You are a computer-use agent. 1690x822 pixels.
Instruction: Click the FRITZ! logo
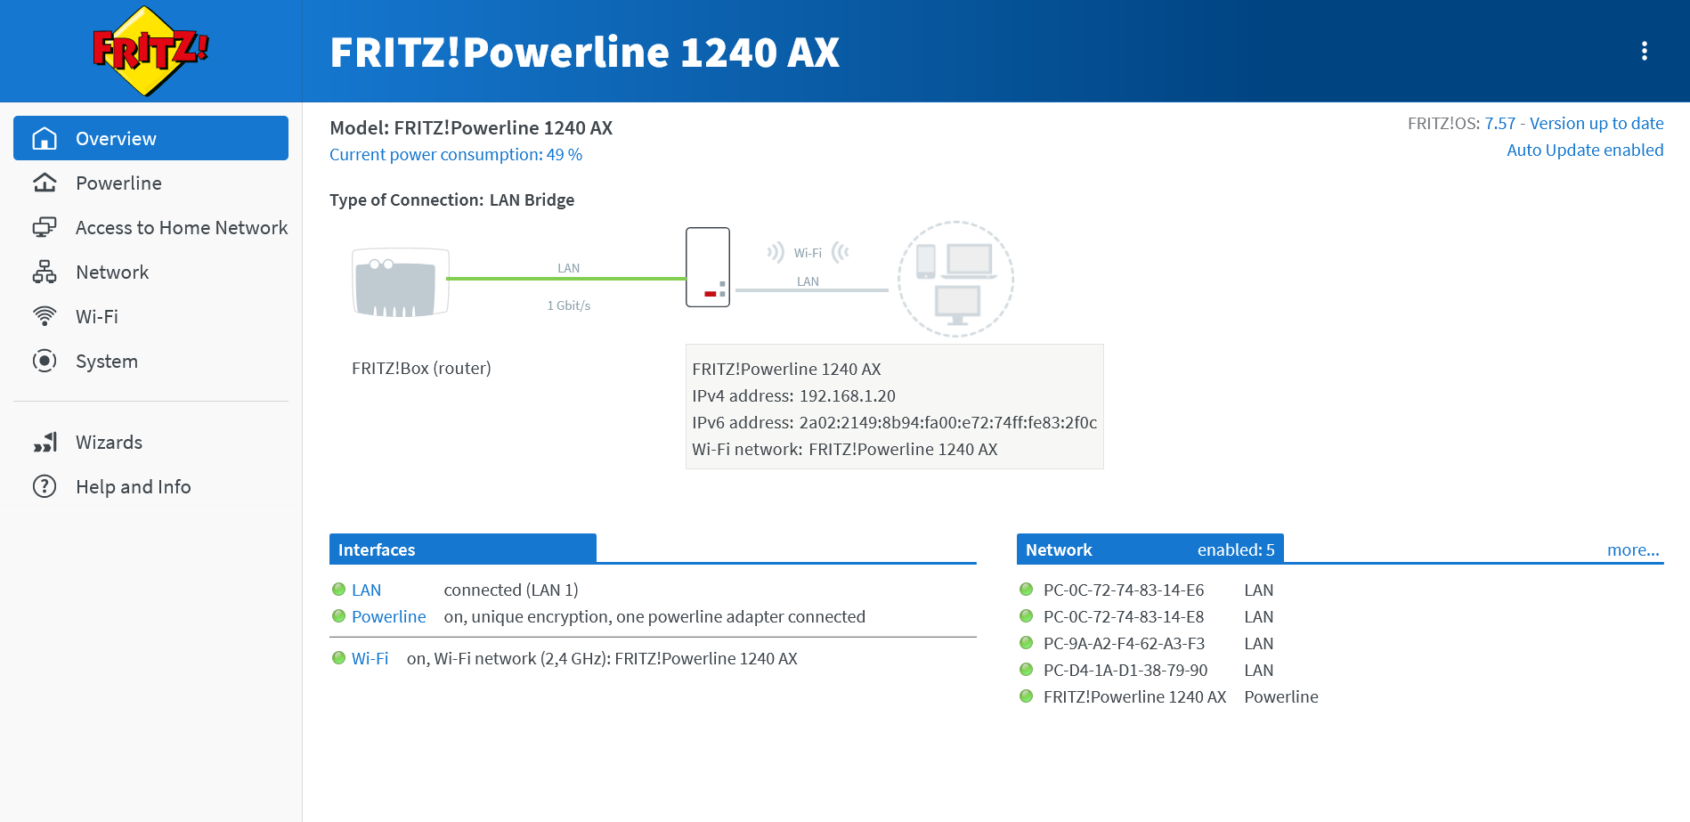[150, 51]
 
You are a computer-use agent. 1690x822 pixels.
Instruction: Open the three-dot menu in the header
[1644, 52]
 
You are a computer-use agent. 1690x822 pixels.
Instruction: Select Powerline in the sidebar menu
[118, 183]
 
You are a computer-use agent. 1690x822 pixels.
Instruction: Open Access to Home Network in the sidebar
[181, 228]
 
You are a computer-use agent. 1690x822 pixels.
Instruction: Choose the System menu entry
[106, 362]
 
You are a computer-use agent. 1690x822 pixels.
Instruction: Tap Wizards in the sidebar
[109, 443]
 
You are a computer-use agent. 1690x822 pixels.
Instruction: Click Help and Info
[133, 487]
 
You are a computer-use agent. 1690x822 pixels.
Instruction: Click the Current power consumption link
[455, 155]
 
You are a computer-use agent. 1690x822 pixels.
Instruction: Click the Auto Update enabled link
[1584, 151]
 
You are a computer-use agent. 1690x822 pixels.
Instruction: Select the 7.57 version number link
[1499, 124]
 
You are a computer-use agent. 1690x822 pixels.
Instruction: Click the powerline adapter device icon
[708, 267]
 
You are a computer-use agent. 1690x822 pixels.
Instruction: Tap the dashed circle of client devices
[955, 279]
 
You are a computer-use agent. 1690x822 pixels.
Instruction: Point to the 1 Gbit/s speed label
[568, 305]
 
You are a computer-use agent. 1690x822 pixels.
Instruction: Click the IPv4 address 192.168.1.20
[847, 396]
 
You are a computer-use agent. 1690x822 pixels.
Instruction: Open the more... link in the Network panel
[1632, 550]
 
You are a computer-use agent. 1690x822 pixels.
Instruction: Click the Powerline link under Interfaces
[388, 617]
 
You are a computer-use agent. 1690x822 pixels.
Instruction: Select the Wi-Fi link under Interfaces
[370, 659]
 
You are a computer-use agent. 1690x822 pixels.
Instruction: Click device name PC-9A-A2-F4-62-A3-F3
[1124, 644]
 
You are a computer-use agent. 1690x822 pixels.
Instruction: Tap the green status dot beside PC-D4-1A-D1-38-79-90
[1026, 670]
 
